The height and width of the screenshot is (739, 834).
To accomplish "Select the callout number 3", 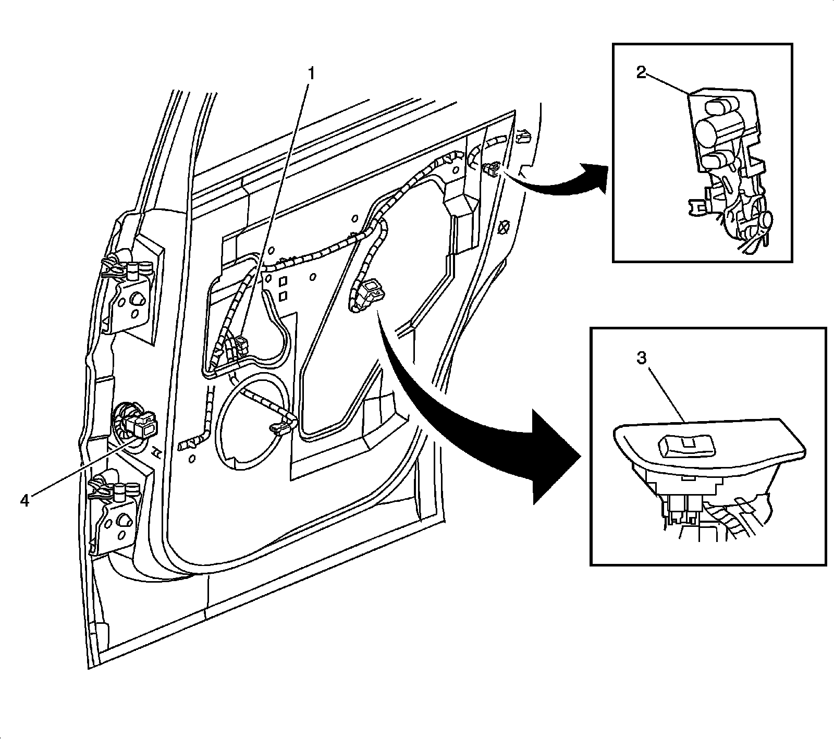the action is pyautogui.click(x=642, y=358).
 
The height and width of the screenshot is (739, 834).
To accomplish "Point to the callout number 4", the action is pyautogui.click(x=25, y=501).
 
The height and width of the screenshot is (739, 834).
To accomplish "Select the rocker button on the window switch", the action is pyautogui.click(x=686, y=446).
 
